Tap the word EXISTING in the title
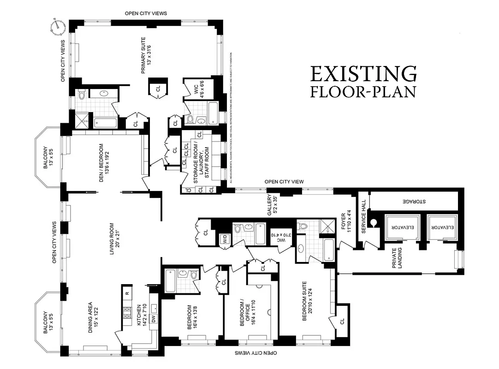[363, 74]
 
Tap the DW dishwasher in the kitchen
[153, 318]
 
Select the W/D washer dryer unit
[224, 239]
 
